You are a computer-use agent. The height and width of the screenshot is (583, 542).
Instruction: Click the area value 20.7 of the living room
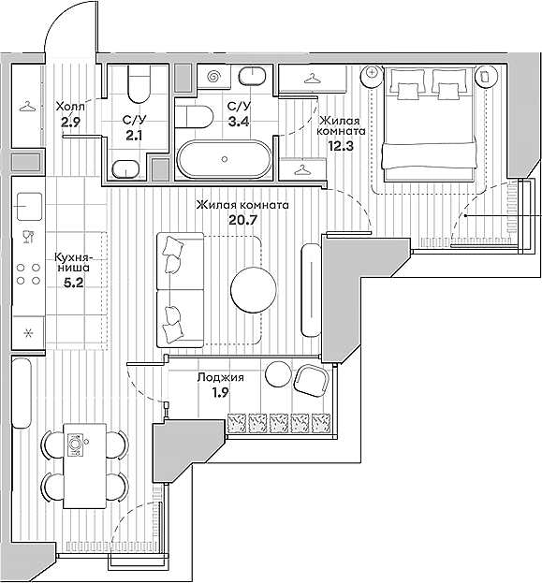pos(242,222)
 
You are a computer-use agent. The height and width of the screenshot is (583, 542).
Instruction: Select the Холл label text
pos(70,106)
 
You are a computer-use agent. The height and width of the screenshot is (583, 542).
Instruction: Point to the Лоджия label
pos(221,378)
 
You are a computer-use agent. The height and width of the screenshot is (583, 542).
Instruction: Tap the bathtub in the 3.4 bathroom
pos(225,159)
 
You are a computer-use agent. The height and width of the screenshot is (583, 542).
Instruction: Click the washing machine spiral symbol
pos(213,77)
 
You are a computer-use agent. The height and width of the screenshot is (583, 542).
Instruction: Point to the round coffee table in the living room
pos(255,289)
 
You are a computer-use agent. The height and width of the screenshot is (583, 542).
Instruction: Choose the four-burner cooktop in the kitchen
pos(28,272)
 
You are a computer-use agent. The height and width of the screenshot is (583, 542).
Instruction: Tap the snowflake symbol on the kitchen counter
pos(27,331)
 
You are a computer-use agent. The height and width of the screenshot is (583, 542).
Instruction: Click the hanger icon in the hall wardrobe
pos(27,106)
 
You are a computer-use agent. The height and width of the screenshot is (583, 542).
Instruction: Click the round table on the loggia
pos(278,373)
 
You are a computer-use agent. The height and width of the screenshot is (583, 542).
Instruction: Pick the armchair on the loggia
pos(310,379)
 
